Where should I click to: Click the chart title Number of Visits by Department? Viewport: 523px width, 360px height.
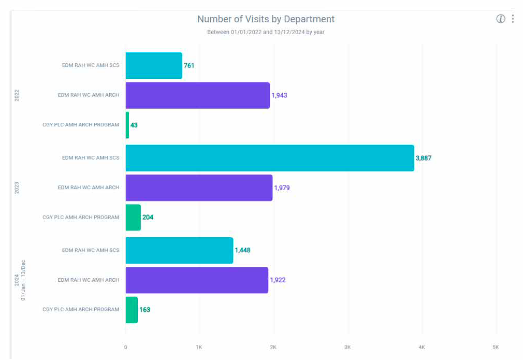point(266,19)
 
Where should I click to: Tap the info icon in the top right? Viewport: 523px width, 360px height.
point(500,19)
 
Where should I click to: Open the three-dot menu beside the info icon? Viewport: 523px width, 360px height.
point(513,19)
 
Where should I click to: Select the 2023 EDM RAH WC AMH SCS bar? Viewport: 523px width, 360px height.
point(269,158)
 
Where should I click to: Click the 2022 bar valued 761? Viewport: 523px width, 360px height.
point(154,66)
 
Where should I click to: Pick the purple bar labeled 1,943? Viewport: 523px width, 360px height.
point(197,95)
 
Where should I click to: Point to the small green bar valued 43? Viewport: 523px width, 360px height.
point(127,125)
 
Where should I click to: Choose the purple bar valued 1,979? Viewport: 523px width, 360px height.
point(199,188)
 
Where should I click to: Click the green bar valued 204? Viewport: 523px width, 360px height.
point(133,217)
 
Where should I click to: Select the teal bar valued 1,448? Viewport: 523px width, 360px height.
point(179,250)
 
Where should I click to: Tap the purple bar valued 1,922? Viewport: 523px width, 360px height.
point(197,280)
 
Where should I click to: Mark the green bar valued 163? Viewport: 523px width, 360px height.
point(132,309)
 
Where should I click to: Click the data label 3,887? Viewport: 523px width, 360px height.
point(423,158)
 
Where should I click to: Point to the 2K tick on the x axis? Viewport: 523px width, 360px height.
point(273,347)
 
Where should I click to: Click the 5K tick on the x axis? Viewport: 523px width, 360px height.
point(496,347)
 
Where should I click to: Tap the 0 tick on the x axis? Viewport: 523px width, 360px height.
point(125,347)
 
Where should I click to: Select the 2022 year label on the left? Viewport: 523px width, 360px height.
point(17,95)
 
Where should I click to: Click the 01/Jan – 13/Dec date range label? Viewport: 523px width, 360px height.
point(23,280)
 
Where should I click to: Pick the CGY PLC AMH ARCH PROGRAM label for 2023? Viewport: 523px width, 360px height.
point(81,217)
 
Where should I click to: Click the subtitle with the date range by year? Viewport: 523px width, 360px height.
point(266,32)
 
